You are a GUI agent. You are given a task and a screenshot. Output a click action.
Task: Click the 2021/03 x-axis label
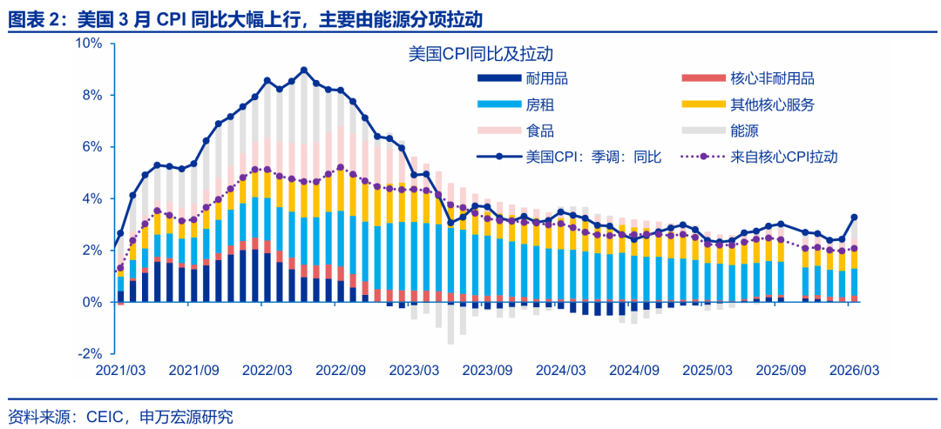coord(120,370)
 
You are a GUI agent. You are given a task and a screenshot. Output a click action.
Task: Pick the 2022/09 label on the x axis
coord(342,370)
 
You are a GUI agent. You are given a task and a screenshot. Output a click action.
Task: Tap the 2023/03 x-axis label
coord(415,370)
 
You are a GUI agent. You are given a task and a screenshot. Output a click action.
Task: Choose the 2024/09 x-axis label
coord(635,370)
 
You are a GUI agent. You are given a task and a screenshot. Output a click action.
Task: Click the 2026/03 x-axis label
coord(855,370)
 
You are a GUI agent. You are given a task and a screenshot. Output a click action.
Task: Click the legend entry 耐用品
coord(547,79)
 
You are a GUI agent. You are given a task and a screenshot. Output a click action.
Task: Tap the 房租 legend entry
coord(540,105)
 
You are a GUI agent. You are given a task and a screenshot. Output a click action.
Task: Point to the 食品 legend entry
coord(540,131)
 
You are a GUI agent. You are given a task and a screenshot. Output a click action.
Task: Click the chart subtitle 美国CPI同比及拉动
coord(482,54)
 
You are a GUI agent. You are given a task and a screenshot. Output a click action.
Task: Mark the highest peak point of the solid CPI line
coord(304,70)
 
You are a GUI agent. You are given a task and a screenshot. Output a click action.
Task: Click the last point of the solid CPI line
coord(855,218)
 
